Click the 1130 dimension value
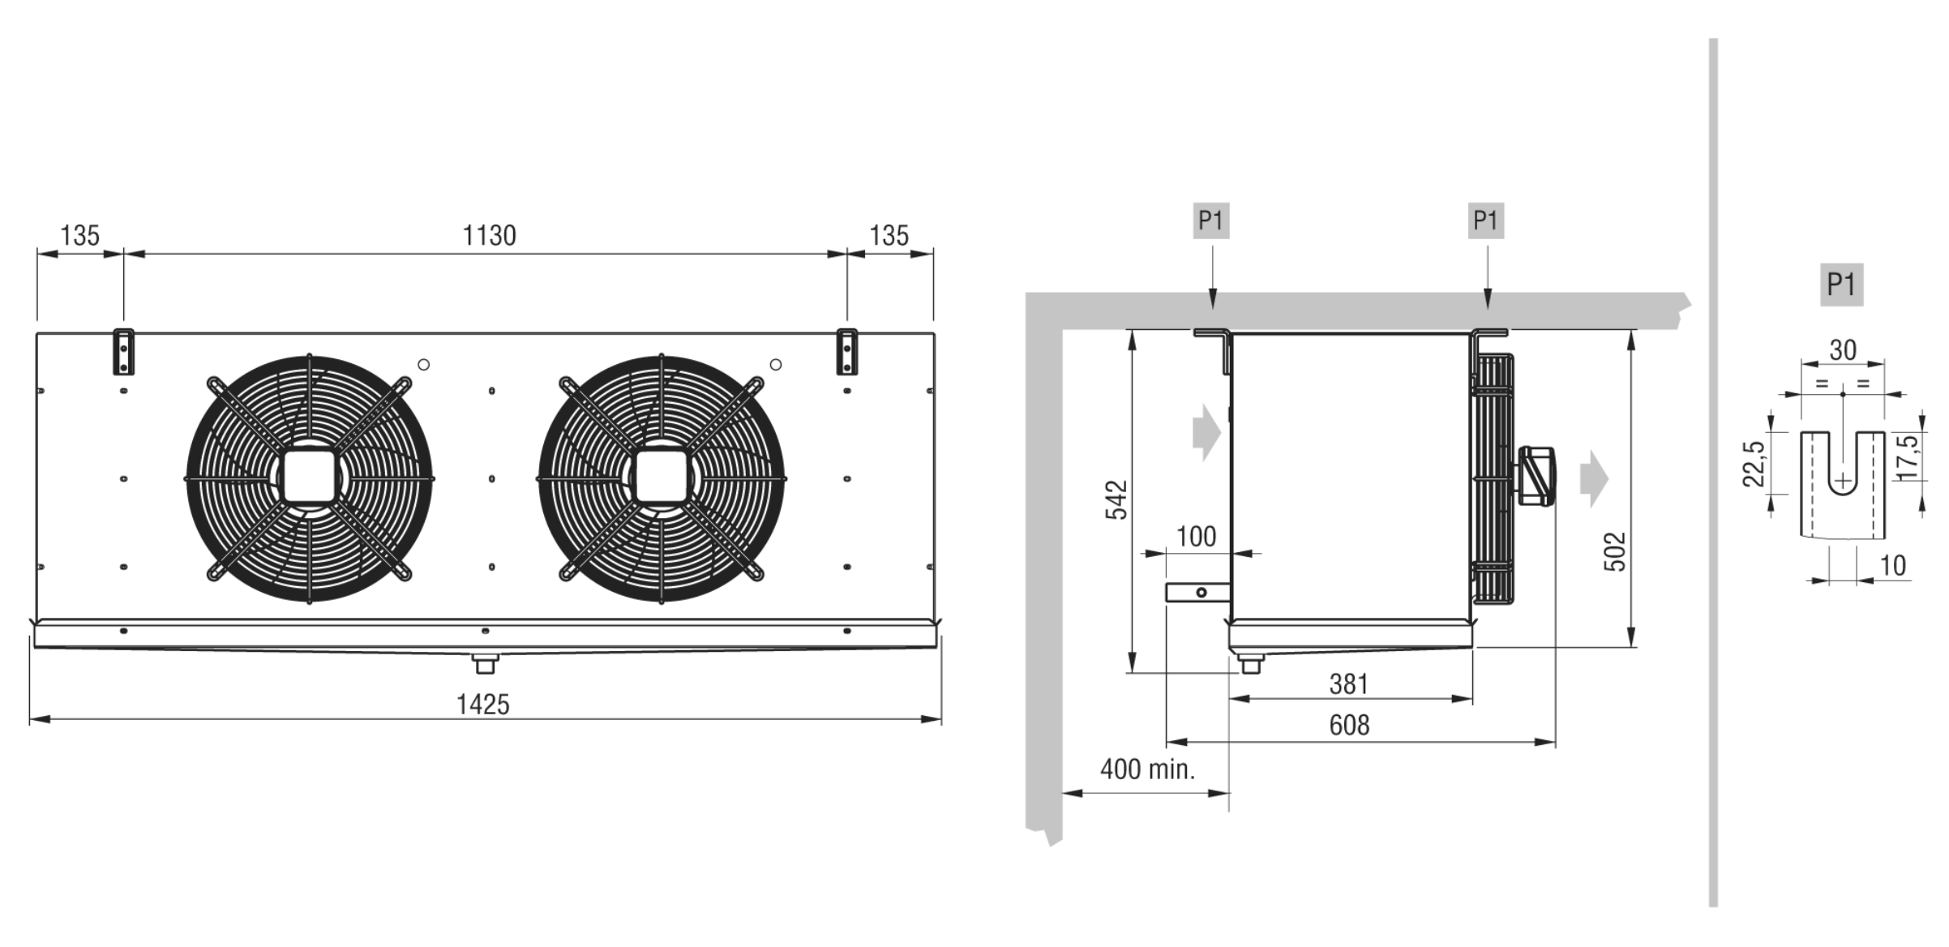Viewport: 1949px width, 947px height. (x=489, y=235)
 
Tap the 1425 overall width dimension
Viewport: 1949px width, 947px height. (x=483, y=704)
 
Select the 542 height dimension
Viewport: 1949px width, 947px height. (x=1116, y=499)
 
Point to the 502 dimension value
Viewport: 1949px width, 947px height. (x=1615, y=551)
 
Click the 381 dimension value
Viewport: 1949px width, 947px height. (x=1349, y=683)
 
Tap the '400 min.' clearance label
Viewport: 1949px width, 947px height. (x=1147, y=769)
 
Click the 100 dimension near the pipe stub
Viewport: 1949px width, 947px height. (x=1196, y=536)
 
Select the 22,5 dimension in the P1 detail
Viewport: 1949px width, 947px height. (x=1754, y=463)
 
